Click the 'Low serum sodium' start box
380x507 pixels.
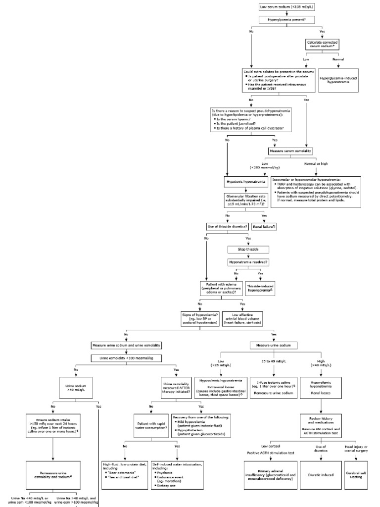[x=289, y=6]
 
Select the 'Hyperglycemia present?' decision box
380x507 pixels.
[x=289, y=19]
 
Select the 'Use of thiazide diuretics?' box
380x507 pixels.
[x=227, y=226]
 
